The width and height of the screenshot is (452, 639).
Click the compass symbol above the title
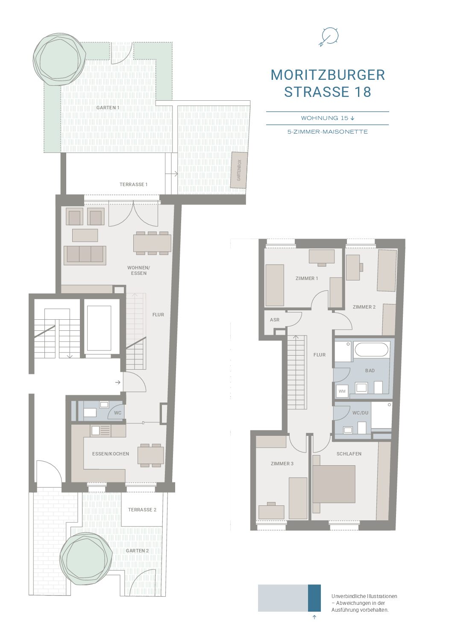click(x=329, y=37)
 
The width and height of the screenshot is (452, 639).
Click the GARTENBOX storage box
click(x=239, y=170)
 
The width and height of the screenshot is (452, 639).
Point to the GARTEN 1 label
click(x=108, y=108)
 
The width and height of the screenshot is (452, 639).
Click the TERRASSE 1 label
click(x=133, y=184)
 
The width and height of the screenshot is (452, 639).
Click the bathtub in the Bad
click(x=371, y=349)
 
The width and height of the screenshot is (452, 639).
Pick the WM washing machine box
click(x=342, y=391)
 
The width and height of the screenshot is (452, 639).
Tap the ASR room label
click(x=275, y=320)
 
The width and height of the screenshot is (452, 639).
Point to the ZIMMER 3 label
click(x=282, y=464)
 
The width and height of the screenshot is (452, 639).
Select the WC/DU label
click(x=360, y=413)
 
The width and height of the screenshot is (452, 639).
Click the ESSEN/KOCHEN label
click(x=111, y=454)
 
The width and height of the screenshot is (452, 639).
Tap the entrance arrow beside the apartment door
click(x=117, y=382)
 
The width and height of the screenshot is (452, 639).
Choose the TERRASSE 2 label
click(x=142, y=510)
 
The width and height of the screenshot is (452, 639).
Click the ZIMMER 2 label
click(x=364, y=307)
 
